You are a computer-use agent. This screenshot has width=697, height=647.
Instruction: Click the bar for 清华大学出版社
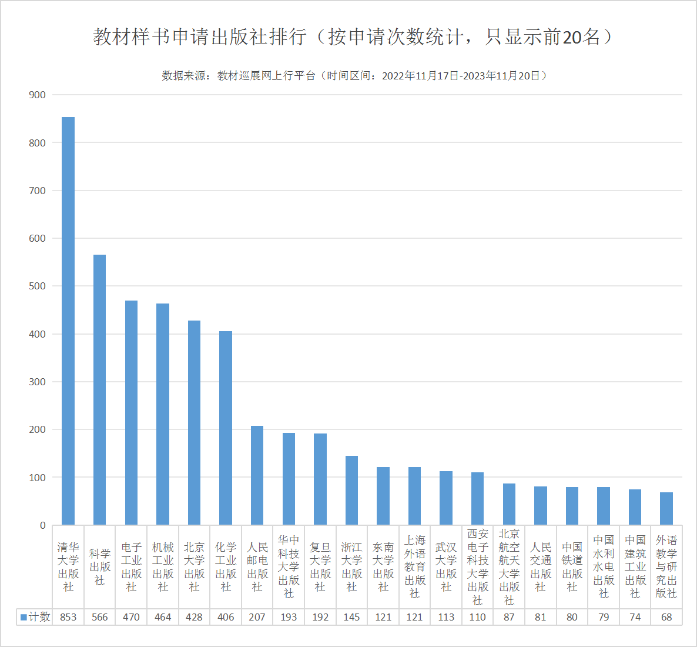[x=68, y=321]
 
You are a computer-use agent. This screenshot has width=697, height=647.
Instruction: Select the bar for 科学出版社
[x=100, y=389]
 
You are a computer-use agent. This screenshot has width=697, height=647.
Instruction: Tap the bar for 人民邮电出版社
[x=257, y=475]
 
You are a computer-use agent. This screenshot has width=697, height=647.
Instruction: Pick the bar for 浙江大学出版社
[x=351, y=490]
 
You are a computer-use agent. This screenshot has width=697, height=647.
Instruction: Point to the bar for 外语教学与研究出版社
[x=666, y=509]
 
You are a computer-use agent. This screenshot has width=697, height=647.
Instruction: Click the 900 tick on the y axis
[x=37, y=95]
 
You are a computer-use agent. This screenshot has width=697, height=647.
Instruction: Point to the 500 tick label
[x=37, y=286]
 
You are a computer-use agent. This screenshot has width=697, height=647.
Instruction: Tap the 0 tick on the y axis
[x=42, y=525]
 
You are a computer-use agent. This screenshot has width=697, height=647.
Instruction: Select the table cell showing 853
[x=68, y=617]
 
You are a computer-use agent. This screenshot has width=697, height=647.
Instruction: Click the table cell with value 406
[x=226, y=617]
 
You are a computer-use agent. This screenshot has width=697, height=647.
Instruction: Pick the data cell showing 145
[x=351, y=617]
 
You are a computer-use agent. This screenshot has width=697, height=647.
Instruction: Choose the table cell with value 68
[x=666, y=617]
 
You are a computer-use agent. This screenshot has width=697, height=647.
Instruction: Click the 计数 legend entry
[x=35, y=617]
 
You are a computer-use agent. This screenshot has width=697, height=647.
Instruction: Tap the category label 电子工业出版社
[x=131, y=567]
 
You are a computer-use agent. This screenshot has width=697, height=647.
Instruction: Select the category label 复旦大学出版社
[x=320, y=567]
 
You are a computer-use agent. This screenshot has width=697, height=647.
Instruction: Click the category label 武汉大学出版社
[x=446, y=567]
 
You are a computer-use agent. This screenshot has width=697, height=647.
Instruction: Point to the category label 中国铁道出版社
[x=572, y=567]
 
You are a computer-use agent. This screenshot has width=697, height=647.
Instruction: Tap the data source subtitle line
[x=355, y=76]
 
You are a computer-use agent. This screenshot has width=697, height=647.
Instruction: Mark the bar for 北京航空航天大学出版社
[x=509, y=504]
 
